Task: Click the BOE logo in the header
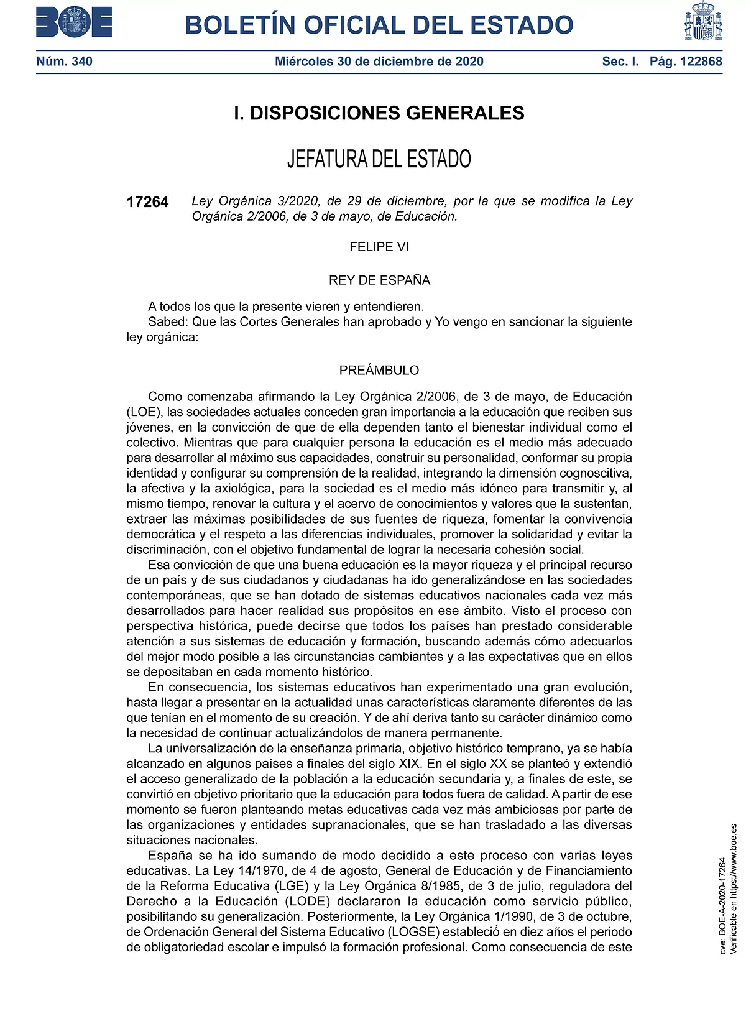click(74, 22)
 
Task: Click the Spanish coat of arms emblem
click(703, 22)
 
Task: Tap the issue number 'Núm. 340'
click(64, 62)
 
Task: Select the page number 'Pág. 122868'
click(686, 62)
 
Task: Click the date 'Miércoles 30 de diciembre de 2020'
click(379, 62)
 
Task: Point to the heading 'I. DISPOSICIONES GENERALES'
click(379, 113)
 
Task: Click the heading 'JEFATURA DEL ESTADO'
click(379, 159)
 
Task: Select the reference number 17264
click(147, 202)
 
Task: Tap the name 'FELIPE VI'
click(379, 247)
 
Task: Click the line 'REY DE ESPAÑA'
click(379, 280)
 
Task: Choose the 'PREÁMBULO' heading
click(379, 371)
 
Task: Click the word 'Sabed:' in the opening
click(168, 322)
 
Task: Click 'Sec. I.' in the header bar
click(620, 62)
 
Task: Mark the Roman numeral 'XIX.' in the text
click(408, 764)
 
